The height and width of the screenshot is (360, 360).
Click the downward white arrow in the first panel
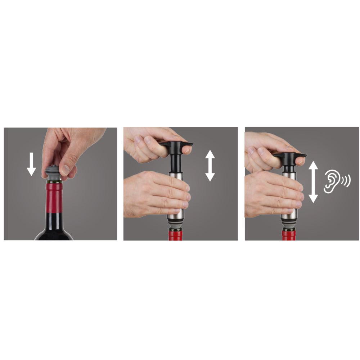[32, 164]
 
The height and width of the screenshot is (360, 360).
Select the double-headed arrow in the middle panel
[210, 166]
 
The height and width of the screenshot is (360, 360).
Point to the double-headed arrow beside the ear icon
[313, 181]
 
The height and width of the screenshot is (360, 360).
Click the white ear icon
[332, 181]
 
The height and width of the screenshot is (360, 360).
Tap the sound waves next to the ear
[346, 181]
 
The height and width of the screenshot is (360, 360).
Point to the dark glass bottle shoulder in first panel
[54, 232]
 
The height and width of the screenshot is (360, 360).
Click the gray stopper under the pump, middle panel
[176, 225]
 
